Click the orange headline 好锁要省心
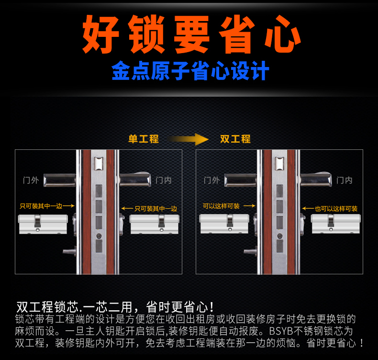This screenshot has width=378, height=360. click(x=191, y=34)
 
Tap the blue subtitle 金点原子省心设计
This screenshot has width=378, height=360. click(x=190, y=70)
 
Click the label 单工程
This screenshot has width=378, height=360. click(x=144, y=139)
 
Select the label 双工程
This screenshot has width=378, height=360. click(x=235, y=139)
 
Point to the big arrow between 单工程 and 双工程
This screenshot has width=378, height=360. click(x=188, y=139)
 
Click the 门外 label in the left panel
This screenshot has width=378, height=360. click(x=31, y=180)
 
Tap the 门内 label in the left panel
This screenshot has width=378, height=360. click(x=164, y=180)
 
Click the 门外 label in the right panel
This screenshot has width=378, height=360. click(x=211, y=180)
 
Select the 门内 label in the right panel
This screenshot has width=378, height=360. click(x=344, y=180)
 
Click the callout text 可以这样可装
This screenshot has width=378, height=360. click(x=221, y=206)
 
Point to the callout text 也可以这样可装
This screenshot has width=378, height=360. click(x=336, y=209)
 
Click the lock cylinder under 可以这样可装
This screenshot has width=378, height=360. click(x=224, y=224)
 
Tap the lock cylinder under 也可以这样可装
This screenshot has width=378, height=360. click(x=336, y=224)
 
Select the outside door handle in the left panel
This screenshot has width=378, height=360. click(x=59, y=180)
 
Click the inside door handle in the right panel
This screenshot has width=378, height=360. click(x=316, y=179)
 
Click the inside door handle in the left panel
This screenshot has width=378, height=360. click(x=135, y=179)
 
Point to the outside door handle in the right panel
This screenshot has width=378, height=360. click(x=240, y=180)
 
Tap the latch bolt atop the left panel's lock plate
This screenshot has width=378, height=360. click(x=99, y=163)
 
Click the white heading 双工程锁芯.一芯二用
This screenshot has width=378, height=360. click(x=75, y=307)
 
